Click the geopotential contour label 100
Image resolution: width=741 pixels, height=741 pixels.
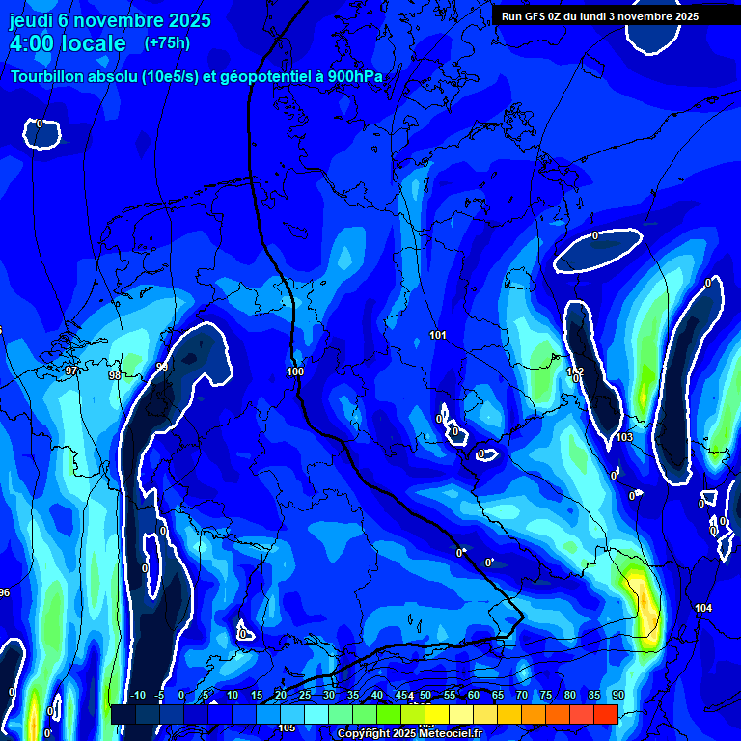click(295, 371)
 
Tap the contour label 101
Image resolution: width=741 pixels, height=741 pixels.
click(438, 335)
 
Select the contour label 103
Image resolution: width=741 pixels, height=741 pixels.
click(624, 437)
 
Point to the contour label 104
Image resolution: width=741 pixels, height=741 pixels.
click(703, 608)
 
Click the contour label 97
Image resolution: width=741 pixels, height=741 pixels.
click(72, 370)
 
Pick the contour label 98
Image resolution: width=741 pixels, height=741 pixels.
click(115, 375)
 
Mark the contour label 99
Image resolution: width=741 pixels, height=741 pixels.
click(162, 367)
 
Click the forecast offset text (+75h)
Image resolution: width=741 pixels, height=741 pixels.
click(167, 43)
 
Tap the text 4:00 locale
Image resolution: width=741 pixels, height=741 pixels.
click(68, 43)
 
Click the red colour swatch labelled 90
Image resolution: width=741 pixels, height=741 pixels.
click(606, 714)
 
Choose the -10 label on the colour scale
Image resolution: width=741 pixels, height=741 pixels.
click(137, 696)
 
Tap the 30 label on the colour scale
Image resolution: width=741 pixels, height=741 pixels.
click(329, 696)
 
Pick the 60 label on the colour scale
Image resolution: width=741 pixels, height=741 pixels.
click(474, 696)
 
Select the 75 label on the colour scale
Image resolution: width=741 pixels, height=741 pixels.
click(546, 696)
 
